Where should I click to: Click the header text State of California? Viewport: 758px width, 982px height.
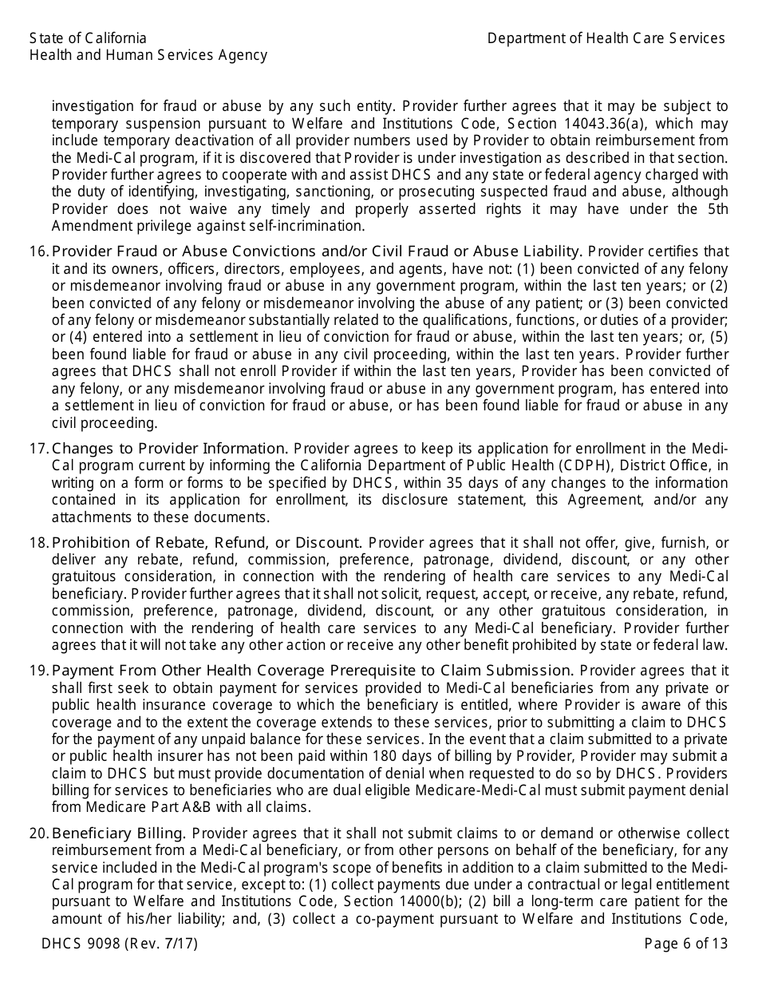88,38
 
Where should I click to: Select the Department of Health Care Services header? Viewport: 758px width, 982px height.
606,38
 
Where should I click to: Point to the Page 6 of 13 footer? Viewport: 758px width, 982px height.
686,944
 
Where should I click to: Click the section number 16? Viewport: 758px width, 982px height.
38,251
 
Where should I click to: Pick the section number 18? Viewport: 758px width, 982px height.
38,542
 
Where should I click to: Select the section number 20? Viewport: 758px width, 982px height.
38,833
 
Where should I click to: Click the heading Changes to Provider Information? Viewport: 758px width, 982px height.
169,448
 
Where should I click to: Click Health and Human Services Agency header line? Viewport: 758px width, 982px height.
148,55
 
